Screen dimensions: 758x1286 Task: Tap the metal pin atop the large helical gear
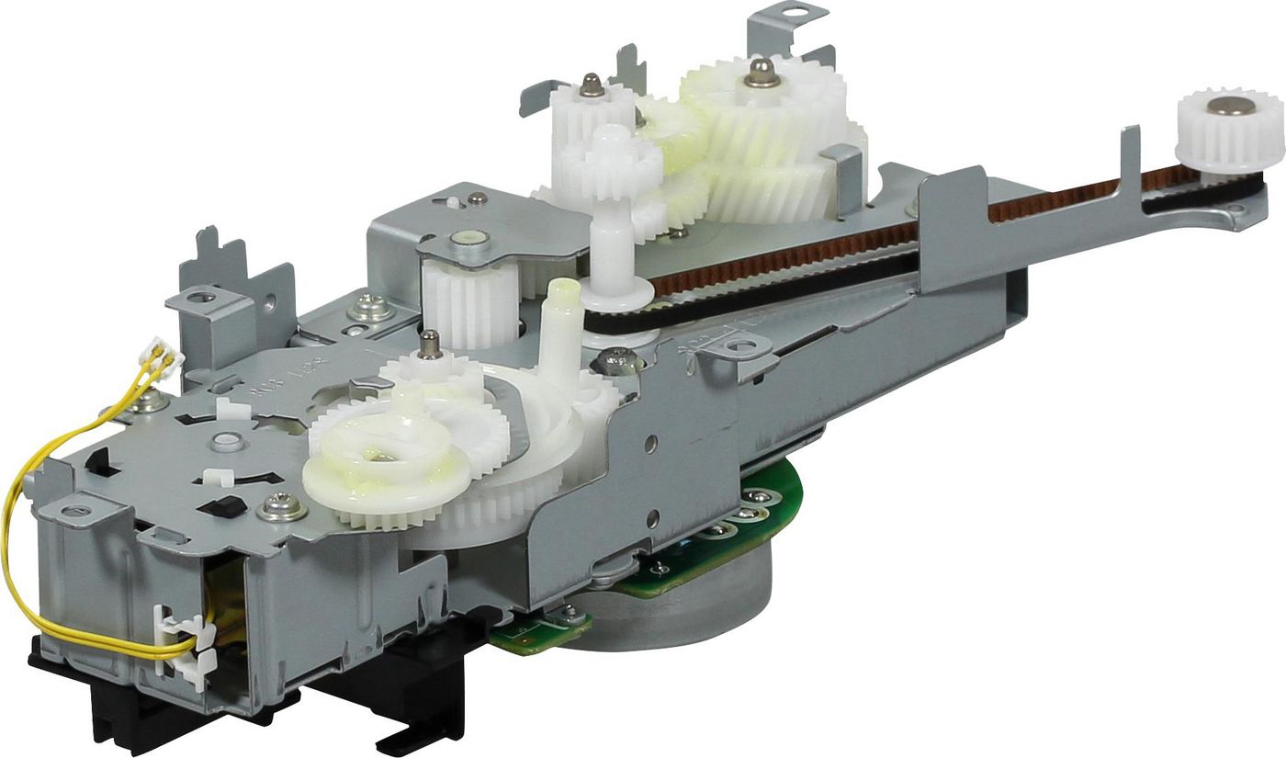[761, 73]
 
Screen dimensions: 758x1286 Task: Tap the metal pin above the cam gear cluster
[427, 345]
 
